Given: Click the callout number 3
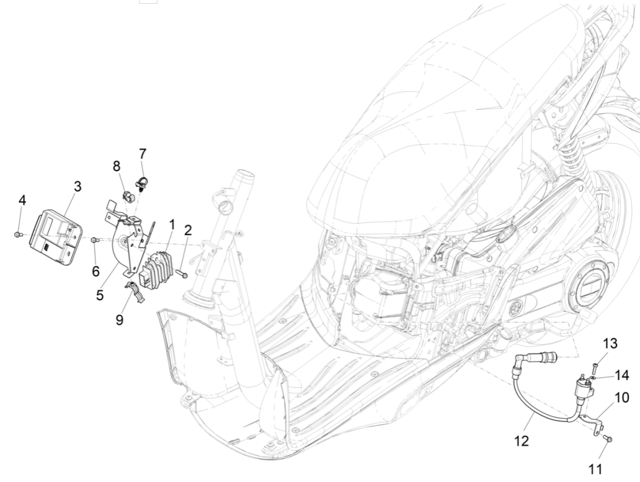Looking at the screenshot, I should pyautogui.click(x=77, y=185).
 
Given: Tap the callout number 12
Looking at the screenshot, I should pyautogui.click(x=522, y=441).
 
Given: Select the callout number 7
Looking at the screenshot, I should pyautogui.click(x=142, y=153).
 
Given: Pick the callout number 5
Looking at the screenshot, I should pyautogui.click(x=99, y=295).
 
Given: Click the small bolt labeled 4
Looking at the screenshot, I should pyautogui.click(x=19, y=234).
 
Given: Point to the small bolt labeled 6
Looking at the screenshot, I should pyautogui.click(x=94, y=239).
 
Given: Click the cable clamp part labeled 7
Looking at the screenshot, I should pyautogui.click(x=141, y=182).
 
